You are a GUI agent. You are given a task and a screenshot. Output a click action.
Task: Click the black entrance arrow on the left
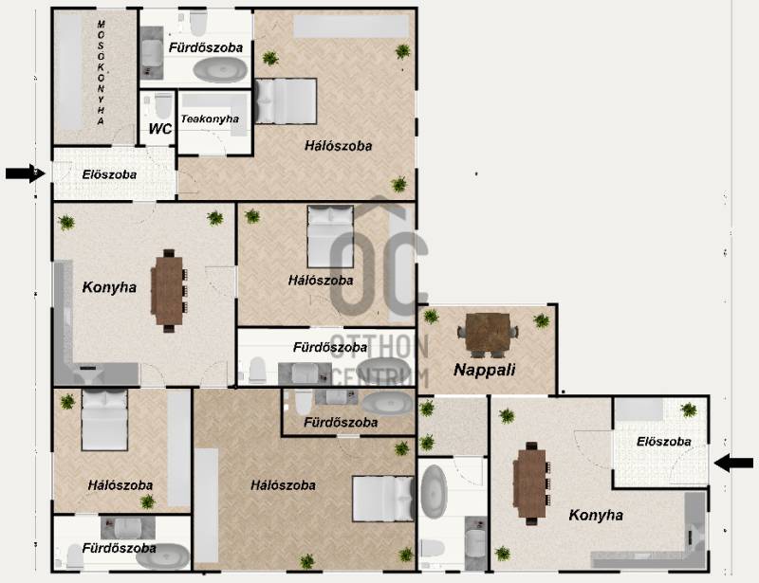click(x=26, y=173)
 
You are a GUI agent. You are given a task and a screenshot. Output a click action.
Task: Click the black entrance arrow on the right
click(x=733, y=463)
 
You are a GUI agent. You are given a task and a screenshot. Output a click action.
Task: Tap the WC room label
click(x=160, y=129)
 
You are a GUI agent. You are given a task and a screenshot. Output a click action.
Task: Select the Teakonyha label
click(x=210, y=118)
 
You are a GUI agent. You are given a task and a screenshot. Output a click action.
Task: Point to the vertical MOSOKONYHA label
click(x=101, y=73)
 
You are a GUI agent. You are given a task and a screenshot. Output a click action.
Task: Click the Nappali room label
click(x=484, y=370)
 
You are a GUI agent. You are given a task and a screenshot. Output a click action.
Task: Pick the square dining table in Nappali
click(x=488, y=336)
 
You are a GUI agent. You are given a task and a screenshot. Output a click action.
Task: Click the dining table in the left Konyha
click(x=169, y=291)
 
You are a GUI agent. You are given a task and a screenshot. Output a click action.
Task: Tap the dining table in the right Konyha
click(x=531, y=483)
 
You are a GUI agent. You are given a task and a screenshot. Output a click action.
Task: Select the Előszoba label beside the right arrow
click(x=663, y=441)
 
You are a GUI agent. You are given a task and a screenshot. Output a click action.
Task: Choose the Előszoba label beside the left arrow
click(x=109, y=174)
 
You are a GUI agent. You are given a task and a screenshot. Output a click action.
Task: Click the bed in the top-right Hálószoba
click(x=286, y=101)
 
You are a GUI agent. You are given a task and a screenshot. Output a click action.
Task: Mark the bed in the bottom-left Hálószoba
click(x=104, y=420)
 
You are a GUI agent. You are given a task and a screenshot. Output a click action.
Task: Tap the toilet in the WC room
click(x=163, y=106)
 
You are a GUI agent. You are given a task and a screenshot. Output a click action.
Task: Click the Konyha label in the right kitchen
click(x=596, y=515)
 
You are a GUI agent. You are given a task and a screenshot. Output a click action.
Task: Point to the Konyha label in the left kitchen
click(x=109, y=287)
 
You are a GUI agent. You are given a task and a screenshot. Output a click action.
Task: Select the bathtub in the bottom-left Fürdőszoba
click(x=162, y=556)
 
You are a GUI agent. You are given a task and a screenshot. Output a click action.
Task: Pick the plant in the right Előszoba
click(x=689, y=410)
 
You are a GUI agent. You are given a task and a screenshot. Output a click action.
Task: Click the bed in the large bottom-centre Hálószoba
click(x=383, y=499)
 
